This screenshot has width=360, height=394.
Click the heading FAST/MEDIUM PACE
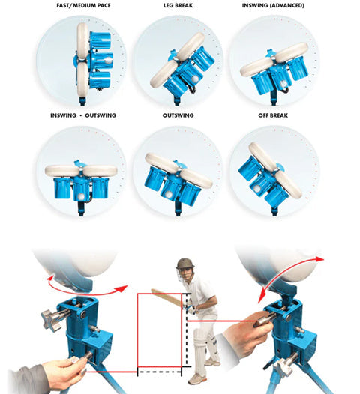(83, 5)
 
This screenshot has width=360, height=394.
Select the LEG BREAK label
(178, 5)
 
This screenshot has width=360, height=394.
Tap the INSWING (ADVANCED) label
(273, 5)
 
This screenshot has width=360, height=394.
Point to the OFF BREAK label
(273, 115)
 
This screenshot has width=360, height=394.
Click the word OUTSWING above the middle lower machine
(178, 115)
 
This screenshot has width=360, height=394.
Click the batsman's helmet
(186, 264)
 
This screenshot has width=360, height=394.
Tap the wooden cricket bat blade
(166, 297)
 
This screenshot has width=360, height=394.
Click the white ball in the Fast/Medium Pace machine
(108, 61)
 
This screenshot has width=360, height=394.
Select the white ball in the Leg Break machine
(195, 79)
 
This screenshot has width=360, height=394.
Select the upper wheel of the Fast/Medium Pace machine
(82, 40)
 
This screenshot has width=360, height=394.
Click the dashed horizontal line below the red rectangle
(160, 372)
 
